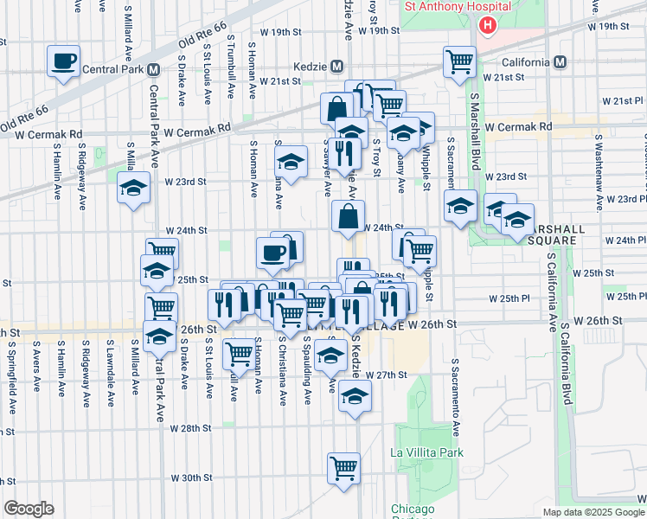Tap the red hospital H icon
tap(487, 24)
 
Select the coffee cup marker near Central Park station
tap(64, 61)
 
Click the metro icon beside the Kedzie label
tap(337, 67)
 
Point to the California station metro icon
tap(561, 62)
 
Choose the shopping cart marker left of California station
tap(459, 61)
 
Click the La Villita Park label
tap(426, 452)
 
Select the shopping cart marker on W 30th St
tap(343, 469)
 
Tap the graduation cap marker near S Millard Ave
tap(133, 191)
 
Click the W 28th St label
tap(190, 428)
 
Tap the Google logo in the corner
tap(29, 509)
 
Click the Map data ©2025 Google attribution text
tap(593, 512)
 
